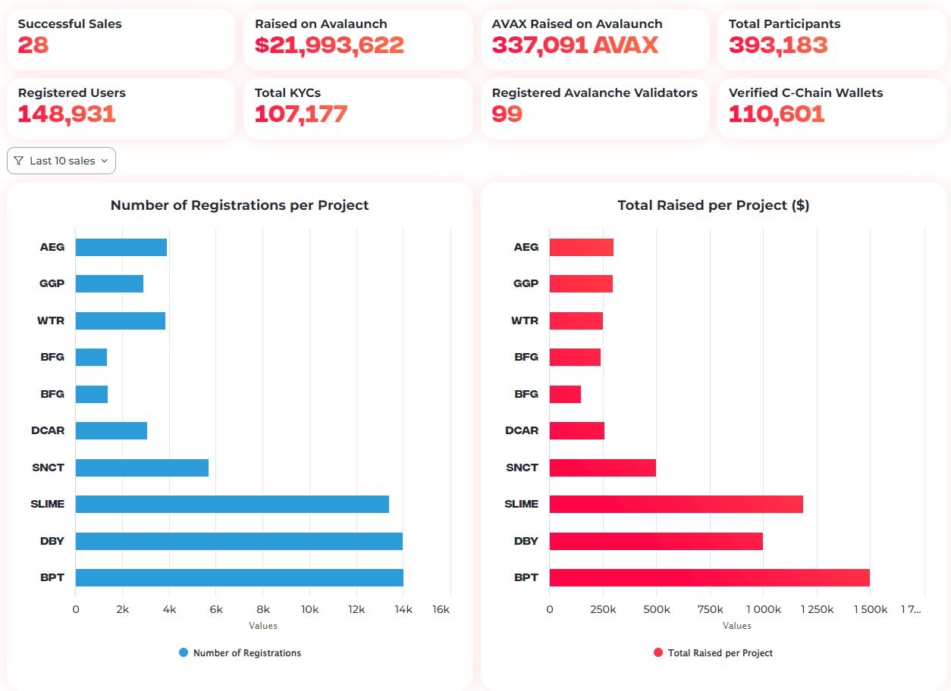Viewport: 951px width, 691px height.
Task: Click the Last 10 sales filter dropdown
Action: [x=61, y=161]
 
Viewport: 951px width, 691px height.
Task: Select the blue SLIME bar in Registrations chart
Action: [x=232, y=504]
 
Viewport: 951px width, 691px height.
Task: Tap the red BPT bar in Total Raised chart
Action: [x=709, y=577]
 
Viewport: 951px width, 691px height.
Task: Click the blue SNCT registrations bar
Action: [x=142, y=467]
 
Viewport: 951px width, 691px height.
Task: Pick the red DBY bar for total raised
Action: [x=656, y=541]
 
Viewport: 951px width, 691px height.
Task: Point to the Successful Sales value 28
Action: [x=33, y=45]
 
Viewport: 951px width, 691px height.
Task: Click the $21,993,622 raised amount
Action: [x=329, y=45]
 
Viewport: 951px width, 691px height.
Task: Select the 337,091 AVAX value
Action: [x=575, y=45]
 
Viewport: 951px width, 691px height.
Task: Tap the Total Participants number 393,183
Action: [x=778, y=45]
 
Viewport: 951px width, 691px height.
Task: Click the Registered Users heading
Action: [x=72, y=93]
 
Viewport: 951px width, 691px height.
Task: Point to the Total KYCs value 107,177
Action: [x=301, y=114]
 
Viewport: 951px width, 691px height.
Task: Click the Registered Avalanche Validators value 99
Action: [x=507, y=114]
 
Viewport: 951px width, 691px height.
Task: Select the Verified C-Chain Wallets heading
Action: [x=805, y=93]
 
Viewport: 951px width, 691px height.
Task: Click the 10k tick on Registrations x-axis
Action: [x=310, y=609]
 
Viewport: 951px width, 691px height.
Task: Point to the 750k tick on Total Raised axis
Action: [x=710, y=609]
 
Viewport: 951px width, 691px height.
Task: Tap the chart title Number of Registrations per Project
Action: [x=240, y=205]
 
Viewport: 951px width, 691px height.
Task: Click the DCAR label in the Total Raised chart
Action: [x=522, y=430]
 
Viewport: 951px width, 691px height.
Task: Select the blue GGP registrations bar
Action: [x=109, y=283]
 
